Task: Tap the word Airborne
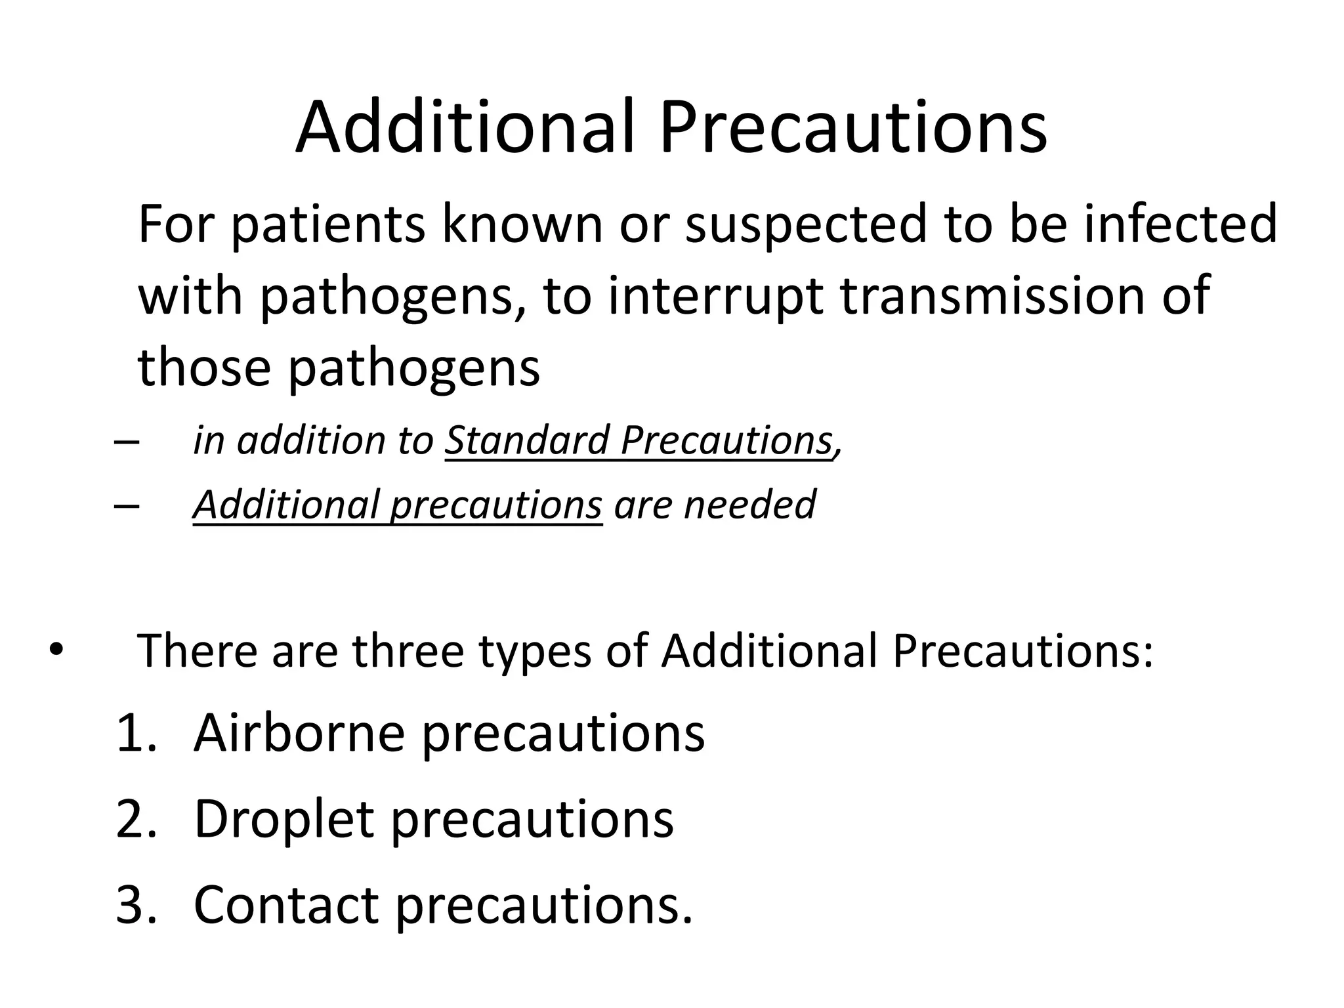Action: click(x=299, y=733)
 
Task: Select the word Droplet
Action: click(x=283, y=820)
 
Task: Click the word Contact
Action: click(x=286, y=905)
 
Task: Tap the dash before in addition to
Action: click(x=125, y=441)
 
